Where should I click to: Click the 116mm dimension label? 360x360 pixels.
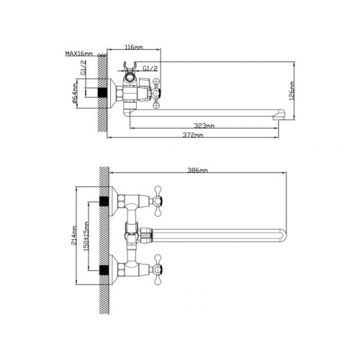click(x=134, y=47)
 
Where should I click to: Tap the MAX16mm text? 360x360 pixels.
click(x=79, y=53)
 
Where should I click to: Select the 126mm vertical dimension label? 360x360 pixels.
click(x=292, y=92)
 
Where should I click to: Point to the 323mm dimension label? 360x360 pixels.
click(x=204, y=125)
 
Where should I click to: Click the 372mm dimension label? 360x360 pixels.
click(x=193, y=135)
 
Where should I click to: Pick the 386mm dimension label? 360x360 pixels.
click(x=197, y=171)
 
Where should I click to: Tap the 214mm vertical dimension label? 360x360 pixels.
click(x=74, y=235)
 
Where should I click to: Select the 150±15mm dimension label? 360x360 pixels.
click(x=86, y=236)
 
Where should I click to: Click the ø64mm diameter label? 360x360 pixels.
click(x=75, y=94)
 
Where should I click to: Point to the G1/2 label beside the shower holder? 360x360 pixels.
click(x=150, y=68)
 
